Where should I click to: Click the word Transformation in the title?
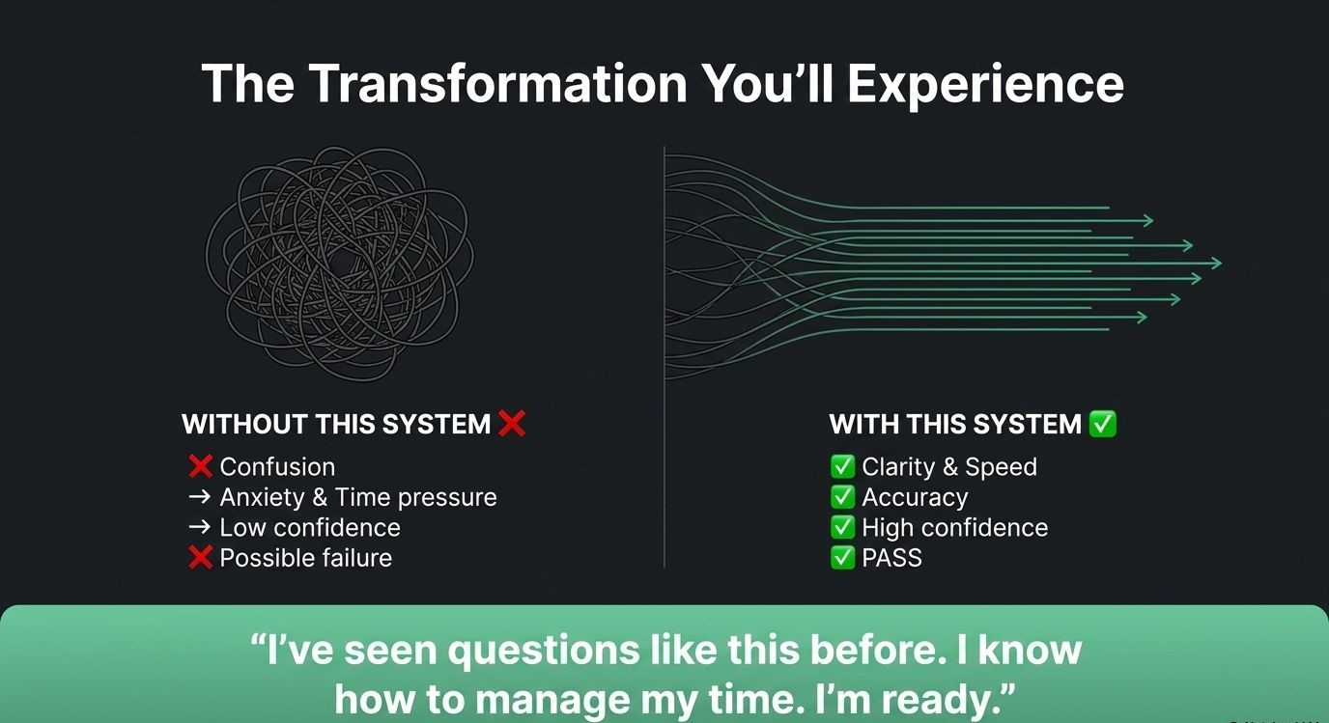coord(497,84)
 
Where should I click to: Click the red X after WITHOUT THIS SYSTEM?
coord(512,424)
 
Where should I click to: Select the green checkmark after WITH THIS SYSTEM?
coord(1103,424)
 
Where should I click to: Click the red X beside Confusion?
coord(201,466)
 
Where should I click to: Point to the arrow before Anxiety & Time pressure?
coord(199,497)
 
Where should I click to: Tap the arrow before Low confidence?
coord(199,527)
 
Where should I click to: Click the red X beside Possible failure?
coord(201,558)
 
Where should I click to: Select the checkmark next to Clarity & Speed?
coord(842,467)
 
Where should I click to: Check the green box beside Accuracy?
coord(842,497)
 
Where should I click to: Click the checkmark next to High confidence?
coord(842,527)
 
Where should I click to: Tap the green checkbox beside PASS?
coord(842,558)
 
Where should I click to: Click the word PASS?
coord(891,558)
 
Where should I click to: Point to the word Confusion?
coord(277,467)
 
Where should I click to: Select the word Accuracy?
coord(915,498)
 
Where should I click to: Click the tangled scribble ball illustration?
coord(340,264)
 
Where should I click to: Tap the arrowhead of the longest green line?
coord(1215,263)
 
